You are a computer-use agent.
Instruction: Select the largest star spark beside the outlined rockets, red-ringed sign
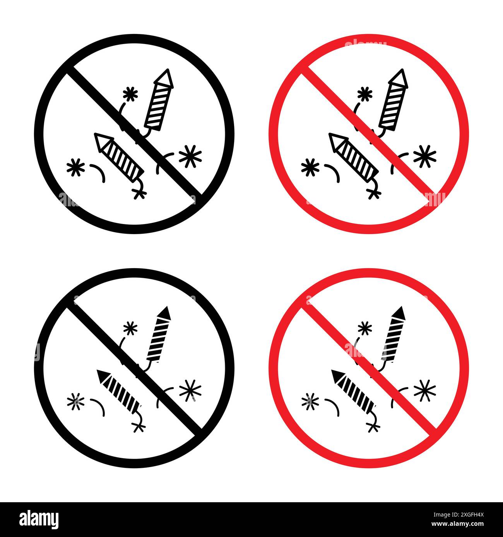pyautogui.click(x=424, y=156)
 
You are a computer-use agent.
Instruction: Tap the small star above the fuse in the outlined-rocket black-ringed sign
pyautogui.click(x=130, y=94)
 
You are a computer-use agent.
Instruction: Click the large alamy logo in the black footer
pyautogui.click(x=39, y=519)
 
